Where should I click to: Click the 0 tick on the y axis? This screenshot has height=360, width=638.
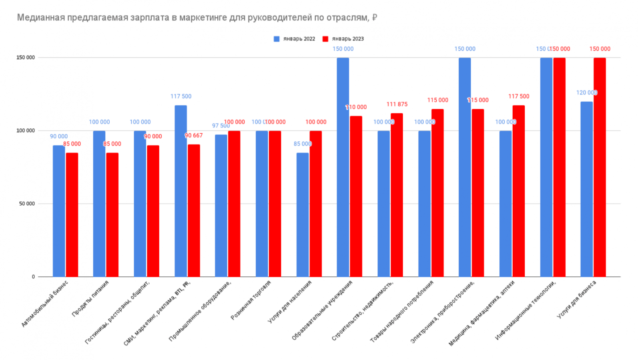pos(33,277)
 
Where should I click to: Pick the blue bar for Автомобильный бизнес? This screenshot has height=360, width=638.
pos(59,211)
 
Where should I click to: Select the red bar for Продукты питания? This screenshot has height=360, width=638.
pos(112,214)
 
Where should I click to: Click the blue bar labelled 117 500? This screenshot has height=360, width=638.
pos(181,191)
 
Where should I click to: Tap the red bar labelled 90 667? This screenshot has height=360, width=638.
pos(194,210)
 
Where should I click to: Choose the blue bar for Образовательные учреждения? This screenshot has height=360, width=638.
pos(343,167)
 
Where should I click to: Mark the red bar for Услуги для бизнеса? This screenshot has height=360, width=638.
pos(600,167)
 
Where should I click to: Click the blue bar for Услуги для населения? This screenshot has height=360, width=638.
pos(303,214)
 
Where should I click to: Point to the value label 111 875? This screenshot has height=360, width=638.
pos(397,104)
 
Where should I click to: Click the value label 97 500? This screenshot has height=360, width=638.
pos(221,126)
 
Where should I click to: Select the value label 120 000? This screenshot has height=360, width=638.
pos(587,93)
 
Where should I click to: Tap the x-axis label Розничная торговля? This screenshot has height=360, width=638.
pos(251,300)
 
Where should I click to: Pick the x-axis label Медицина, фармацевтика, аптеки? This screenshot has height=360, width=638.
pos(482,313)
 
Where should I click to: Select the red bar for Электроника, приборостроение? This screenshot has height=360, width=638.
pos(477,193)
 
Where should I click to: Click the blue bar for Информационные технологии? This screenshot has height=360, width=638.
pos(546,167)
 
